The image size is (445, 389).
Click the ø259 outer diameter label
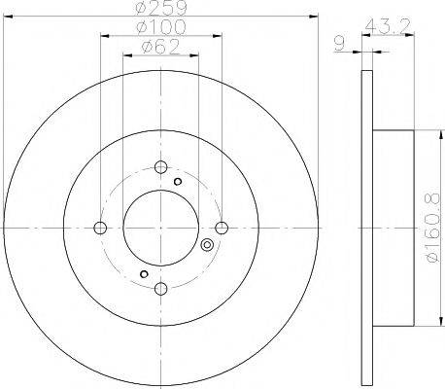click(161, 8)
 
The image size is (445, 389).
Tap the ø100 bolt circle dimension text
click(161, 27)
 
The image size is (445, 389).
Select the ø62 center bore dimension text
click(160, 47)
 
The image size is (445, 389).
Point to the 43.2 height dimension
click(388, 26)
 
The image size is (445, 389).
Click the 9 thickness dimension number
click(339, 44)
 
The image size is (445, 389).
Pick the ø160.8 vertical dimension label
click(432, 228)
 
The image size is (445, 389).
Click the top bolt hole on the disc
click(160, 167)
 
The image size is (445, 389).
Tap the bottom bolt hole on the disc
click(160, 288)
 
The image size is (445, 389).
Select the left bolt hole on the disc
click(100, 228)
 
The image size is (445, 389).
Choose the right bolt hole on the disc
click(222, 228)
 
